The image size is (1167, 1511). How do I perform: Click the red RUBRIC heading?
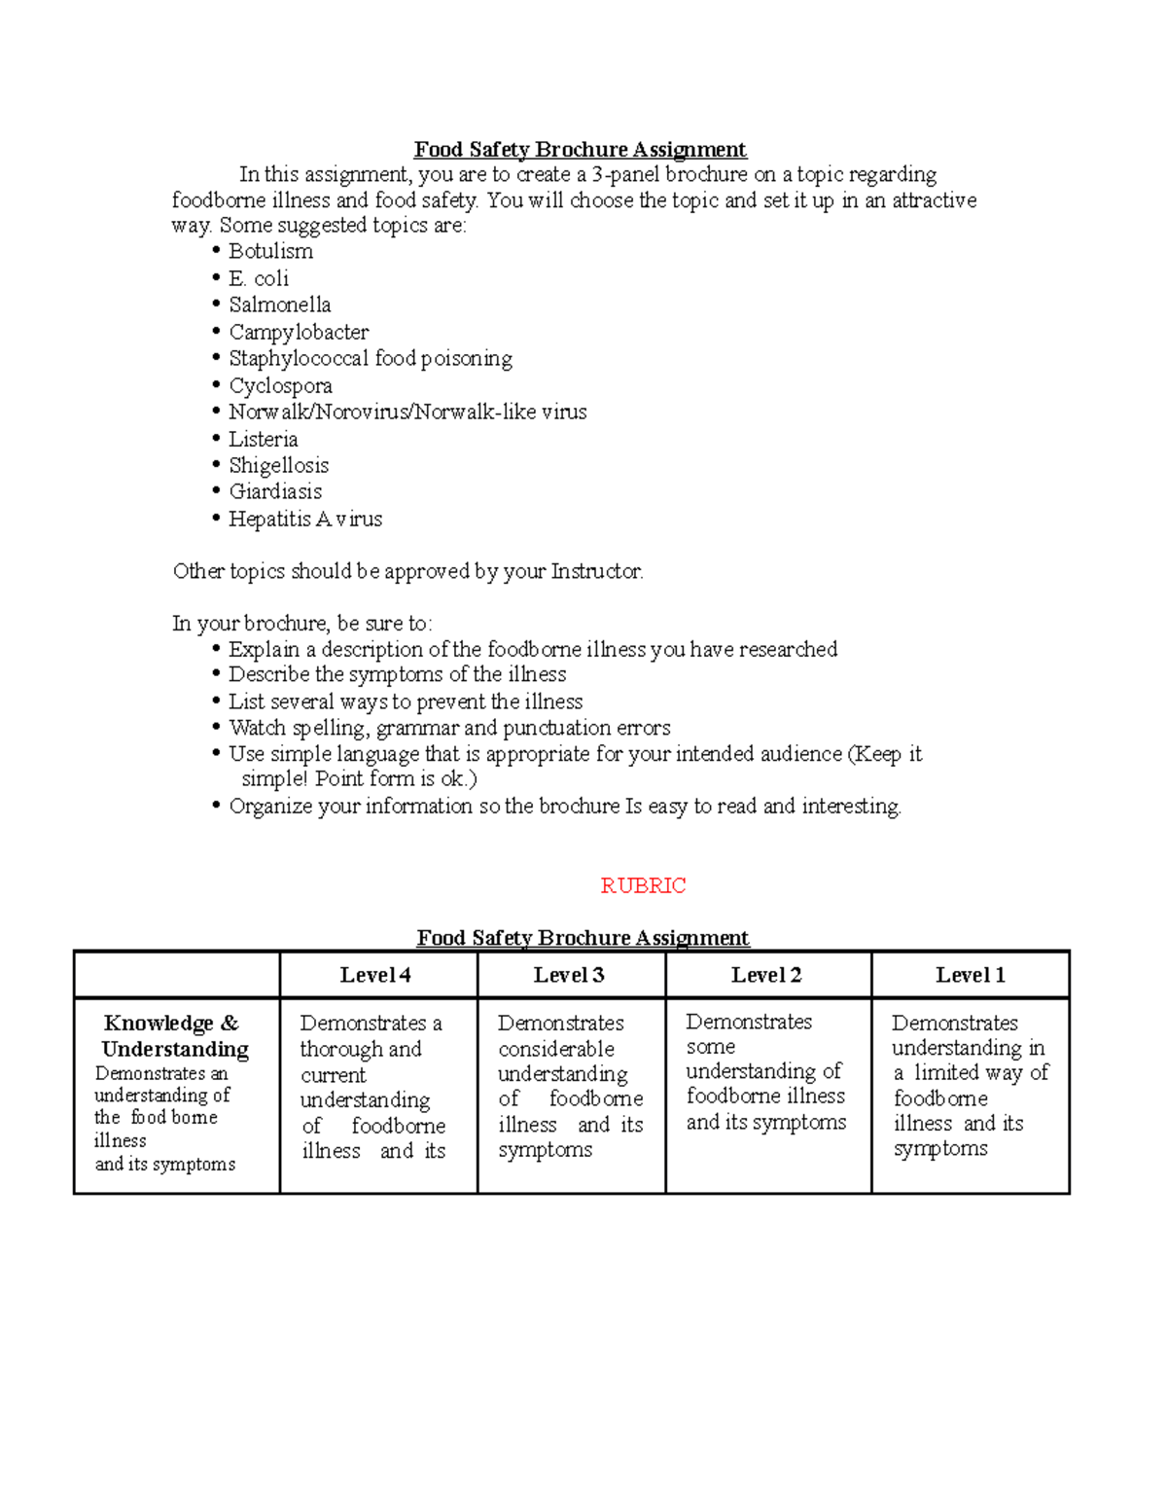(643, 885)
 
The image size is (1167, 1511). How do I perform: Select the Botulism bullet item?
(270, 251)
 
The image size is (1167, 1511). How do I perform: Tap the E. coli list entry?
(259, 278)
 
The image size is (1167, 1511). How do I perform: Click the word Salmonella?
(280, 305)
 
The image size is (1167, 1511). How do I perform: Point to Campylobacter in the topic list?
(299, 332)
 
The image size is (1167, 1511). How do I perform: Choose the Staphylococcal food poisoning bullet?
(370, 358)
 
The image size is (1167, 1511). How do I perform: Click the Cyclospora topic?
(280, 385)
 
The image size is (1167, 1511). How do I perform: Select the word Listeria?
(263, 439)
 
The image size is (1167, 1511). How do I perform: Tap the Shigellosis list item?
(278, 465)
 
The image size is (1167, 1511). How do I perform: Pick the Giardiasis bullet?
(275, 491)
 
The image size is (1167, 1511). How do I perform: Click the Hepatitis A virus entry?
(305, 519)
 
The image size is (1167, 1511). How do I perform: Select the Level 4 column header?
(375, 975)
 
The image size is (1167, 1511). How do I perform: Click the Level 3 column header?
(569, 975)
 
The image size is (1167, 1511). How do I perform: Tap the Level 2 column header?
(766, 975)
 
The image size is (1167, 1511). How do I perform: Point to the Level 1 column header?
(970, 975)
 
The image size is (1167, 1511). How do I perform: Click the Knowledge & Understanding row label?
(174, 1036)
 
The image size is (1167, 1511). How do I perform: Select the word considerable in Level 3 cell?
(556, 1049)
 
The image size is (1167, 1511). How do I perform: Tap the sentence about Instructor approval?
(407, 571)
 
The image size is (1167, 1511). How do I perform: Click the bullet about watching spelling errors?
(449, 728)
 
